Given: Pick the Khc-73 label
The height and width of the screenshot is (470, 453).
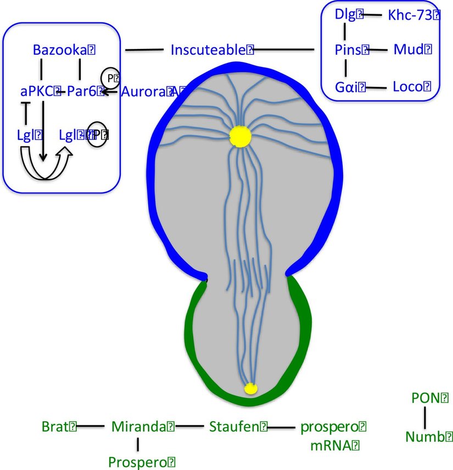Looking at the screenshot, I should point(411,15).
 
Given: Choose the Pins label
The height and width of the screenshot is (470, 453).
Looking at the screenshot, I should point(348,50).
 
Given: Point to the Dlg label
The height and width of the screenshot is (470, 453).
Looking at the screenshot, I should point(346,15).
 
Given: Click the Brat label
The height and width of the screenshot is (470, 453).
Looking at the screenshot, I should point(55,426).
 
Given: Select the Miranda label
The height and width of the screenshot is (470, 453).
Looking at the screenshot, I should point(139,426).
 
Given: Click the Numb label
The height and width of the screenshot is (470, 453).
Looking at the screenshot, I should point(426,437).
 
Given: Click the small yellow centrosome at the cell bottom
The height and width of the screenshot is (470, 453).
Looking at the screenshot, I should point(250,388).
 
